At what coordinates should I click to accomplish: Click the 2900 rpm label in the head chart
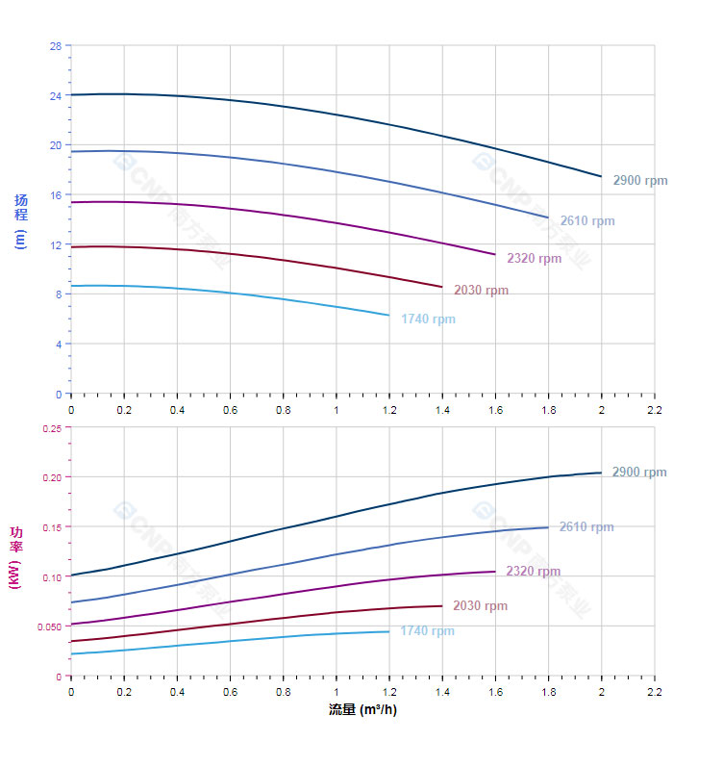[x=639, y=181]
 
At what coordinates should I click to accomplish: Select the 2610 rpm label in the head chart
[x=586, y=221]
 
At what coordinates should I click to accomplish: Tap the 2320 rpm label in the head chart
[x=534, y=258]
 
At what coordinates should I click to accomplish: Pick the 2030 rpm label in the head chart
[x=481, y=291]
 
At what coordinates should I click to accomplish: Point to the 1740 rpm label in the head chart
[x=428, y=320]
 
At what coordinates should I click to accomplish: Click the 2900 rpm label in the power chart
[x=639, y=473]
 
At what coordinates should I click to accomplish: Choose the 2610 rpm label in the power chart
[x=586, y=527]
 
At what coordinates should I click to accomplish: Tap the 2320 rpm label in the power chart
[x=534, y=572]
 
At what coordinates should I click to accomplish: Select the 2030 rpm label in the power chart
[x=481, y=606]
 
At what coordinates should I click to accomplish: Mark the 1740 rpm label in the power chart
[x=428, y=631]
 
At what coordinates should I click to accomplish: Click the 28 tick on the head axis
[x=55, y=46]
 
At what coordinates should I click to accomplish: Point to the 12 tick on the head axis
[x=55, y=245]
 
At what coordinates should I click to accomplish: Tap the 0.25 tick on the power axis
[x=52, y=428]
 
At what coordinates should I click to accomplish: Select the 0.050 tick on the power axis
[x=49, y=626]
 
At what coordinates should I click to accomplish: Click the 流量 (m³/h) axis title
[x=362, y=710]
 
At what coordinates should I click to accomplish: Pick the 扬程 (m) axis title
[x=21, y=220]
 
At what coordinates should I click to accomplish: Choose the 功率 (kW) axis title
[x=15, y=557]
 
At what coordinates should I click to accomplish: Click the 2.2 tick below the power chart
[x=654, y=692]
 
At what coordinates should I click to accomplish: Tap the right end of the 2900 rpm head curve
[x=601, y=176]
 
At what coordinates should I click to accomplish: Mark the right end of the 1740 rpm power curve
[x=389, y=631]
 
